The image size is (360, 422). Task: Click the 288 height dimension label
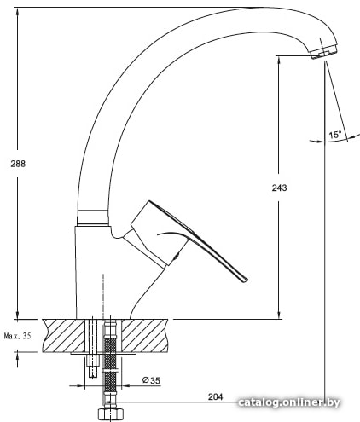[x=18, y=164]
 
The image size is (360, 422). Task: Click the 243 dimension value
[x=279, y=188]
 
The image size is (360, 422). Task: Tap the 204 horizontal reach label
[x=215, y=396]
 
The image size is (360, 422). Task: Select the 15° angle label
[x=335, y=135]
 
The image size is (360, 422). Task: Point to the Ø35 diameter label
[x=151, y=380]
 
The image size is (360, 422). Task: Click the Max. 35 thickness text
[x=17, y=336]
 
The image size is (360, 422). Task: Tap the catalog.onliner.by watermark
[x=289, y=402]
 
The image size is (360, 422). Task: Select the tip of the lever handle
[x=245, y=280]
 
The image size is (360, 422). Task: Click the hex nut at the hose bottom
[x=110, y=414]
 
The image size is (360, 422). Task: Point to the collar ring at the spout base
[x=93, y=217]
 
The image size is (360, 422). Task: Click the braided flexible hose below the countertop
[x=110, y=363]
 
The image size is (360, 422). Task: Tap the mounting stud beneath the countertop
[x=93, y=365]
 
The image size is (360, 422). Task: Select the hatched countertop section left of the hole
[x=64, y=336]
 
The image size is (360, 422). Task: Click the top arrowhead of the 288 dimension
[x=18, y=12]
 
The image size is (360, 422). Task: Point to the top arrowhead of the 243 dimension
[x=279, y=61]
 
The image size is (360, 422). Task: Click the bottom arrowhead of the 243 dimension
[x=279, y=314]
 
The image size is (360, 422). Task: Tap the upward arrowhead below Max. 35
[x=18, y=357]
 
